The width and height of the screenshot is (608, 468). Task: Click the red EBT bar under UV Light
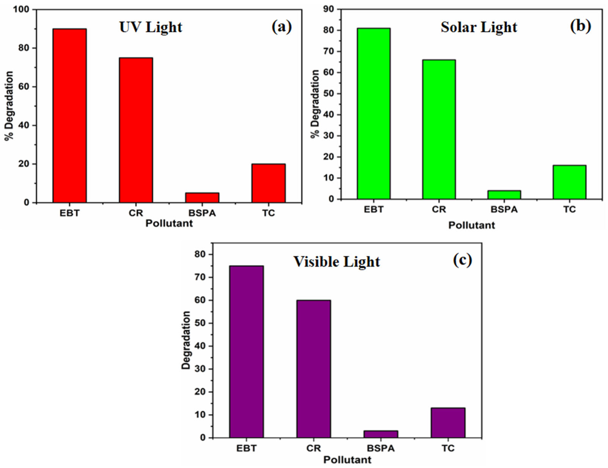70,116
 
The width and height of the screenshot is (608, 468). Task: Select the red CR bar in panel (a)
136,130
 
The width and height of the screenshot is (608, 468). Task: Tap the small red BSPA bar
202,198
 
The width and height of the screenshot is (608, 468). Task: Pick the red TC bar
269,183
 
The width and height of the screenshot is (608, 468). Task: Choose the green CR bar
439,129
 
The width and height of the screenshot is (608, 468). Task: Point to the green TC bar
570,182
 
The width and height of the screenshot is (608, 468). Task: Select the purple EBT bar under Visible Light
246,352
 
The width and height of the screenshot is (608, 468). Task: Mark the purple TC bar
448,423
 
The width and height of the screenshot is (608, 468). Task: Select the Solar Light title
479,27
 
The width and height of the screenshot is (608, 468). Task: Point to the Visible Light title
337,262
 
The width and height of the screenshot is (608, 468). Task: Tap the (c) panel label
462,261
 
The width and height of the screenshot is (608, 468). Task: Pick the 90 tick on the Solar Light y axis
329,9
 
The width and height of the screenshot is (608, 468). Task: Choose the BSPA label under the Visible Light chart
381,448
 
